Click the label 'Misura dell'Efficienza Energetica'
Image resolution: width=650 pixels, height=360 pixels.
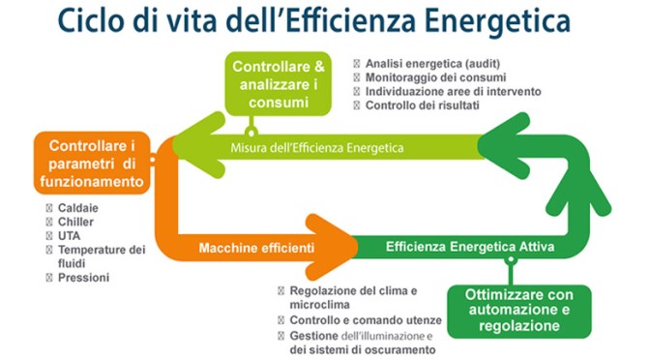(316, 147)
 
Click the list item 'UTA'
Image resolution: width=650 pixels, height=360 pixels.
(70, 235)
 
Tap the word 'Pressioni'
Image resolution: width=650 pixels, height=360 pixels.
(85, 277)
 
